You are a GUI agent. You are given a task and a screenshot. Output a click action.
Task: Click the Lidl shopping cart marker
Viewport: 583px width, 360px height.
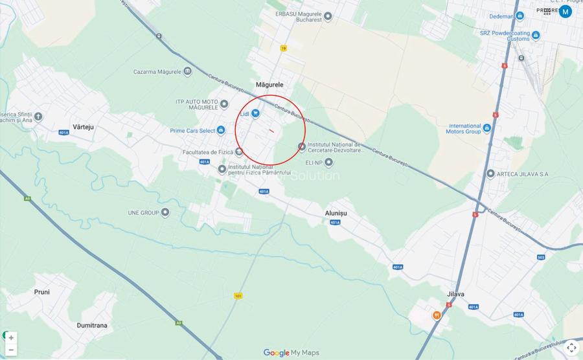[256, 113]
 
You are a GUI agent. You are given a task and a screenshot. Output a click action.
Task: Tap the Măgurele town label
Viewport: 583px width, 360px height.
[269, 85]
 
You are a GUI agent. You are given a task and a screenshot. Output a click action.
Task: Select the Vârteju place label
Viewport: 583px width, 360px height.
[84, 127]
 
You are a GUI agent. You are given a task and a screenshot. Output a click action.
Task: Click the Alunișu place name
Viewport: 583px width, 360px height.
[336, 213]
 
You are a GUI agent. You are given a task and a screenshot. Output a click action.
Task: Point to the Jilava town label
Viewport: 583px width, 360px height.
[455, 294]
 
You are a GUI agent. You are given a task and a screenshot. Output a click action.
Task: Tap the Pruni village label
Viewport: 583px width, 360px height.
[42, 292]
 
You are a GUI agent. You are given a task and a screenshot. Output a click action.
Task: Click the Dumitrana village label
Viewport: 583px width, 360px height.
[92, 325]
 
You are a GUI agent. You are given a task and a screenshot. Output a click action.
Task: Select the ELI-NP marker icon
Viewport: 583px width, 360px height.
[328, 162]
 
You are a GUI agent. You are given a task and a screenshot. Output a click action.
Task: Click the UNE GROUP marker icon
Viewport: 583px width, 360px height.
[165, 212]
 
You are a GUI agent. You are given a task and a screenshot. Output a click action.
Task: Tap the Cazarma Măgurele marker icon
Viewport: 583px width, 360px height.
[187, 71]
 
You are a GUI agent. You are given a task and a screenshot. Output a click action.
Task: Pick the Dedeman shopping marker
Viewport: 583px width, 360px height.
[520, 16]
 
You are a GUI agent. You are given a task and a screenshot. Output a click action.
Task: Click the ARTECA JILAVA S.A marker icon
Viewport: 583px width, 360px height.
[490, 174]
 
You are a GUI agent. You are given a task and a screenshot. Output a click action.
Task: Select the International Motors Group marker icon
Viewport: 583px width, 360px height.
[486, 128]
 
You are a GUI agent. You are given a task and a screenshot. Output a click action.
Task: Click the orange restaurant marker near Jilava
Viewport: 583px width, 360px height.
[437, 315]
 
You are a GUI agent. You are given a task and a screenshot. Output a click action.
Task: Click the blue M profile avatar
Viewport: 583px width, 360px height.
[566, 11]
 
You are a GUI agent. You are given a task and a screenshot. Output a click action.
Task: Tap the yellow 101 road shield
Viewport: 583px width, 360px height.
[238, 295]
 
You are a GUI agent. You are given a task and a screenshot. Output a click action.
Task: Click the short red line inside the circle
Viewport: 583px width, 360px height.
[271, 131]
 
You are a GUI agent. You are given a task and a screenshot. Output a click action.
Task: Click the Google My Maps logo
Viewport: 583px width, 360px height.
[291, 353]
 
